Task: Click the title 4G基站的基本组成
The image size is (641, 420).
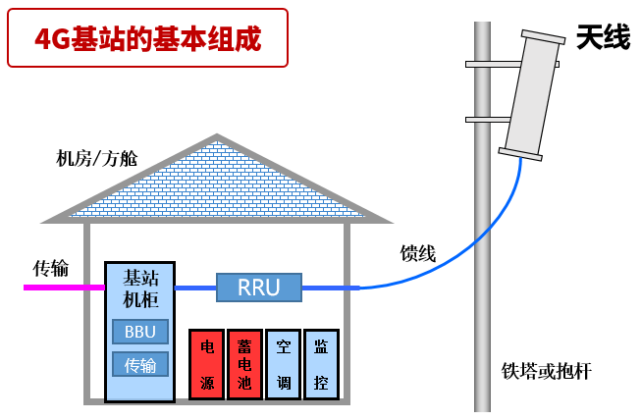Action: point(147,38)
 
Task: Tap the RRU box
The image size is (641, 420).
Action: point(259,287)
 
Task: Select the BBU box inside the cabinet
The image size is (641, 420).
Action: point(139,332)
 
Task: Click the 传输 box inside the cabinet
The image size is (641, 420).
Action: point(139,365)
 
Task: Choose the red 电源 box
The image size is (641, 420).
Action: point(207,364)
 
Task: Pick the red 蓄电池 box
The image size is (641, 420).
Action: point(244,364)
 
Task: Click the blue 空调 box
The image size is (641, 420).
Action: point(283,364)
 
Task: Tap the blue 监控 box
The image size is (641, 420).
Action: point(321,364)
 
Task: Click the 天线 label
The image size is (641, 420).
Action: point(603,39)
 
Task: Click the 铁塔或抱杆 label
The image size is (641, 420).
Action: point(547,371)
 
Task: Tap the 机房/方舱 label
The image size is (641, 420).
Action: point(97,158)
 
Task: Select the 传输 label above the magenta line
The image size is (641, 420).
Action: point(50,267)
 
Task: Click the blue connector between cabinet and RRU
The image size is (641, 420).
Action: point(194,289)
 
